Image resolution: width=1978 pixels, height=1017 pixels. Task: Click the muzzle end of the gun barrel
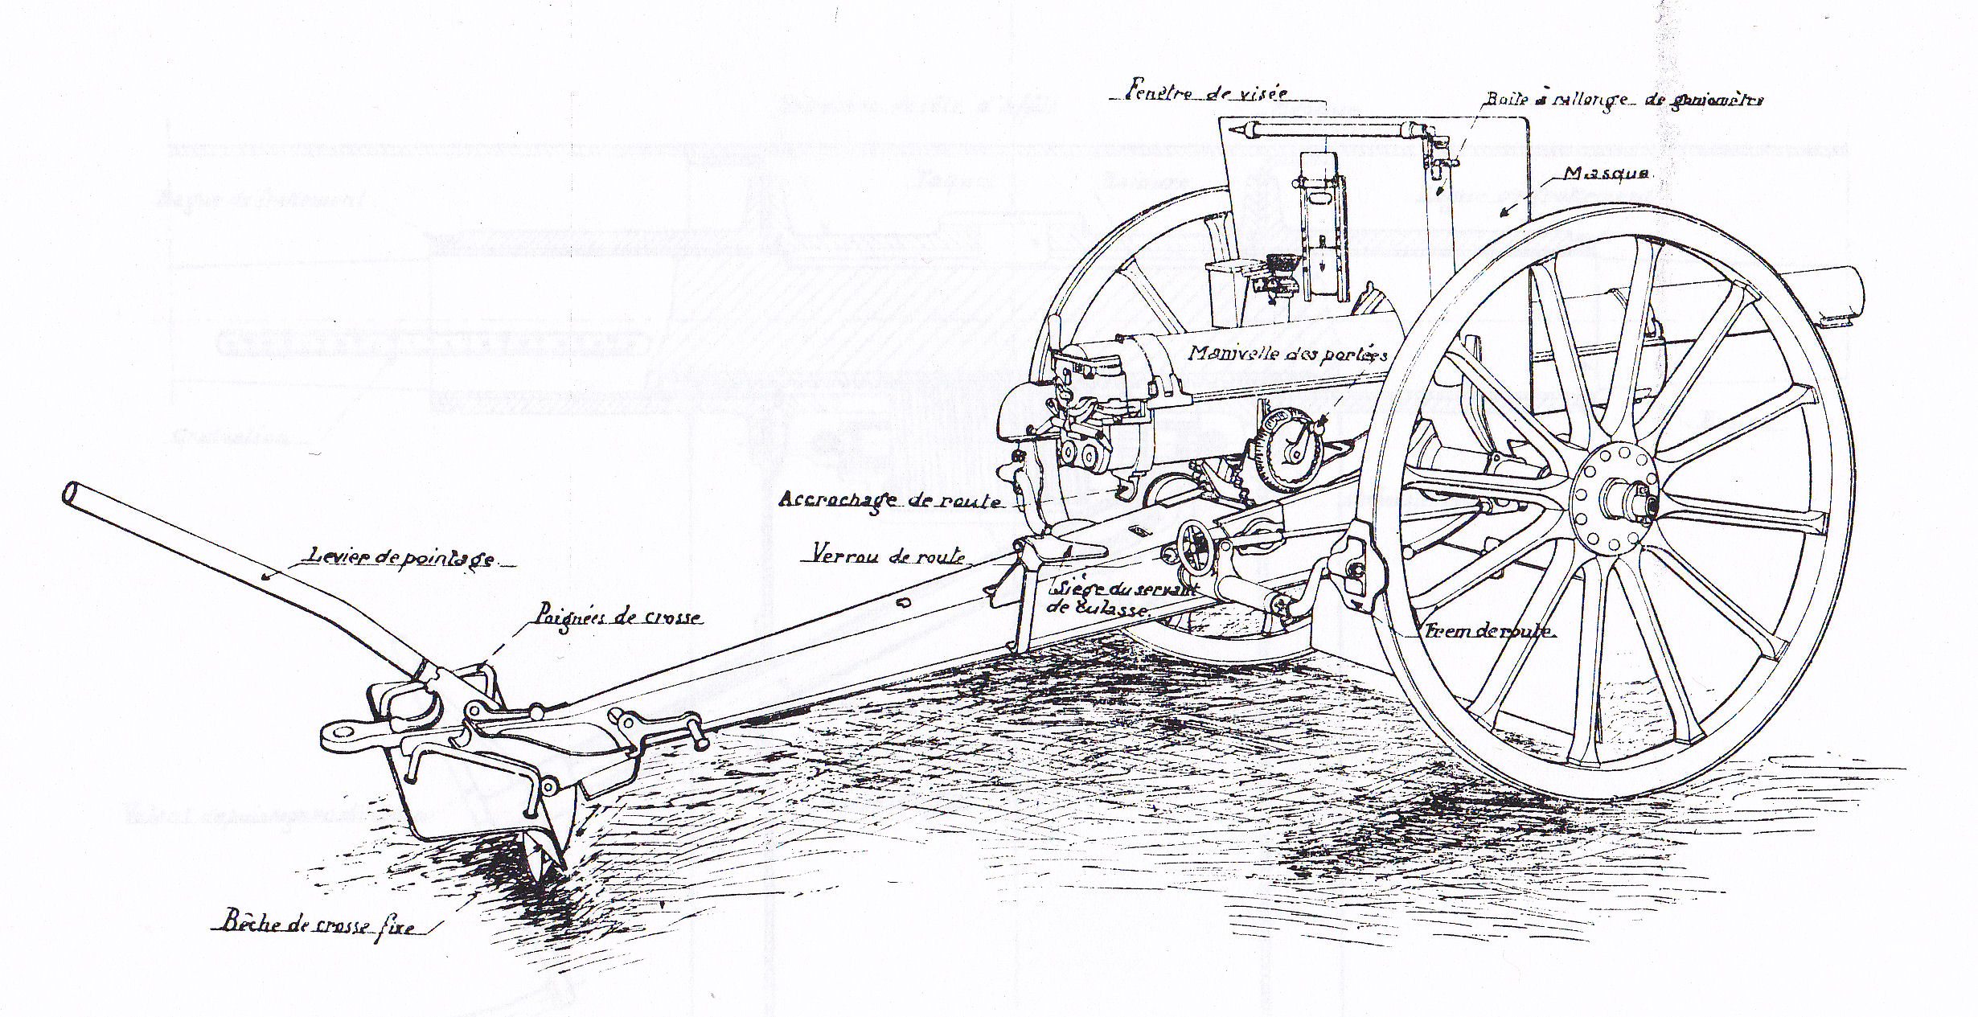coord(1848,295)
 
